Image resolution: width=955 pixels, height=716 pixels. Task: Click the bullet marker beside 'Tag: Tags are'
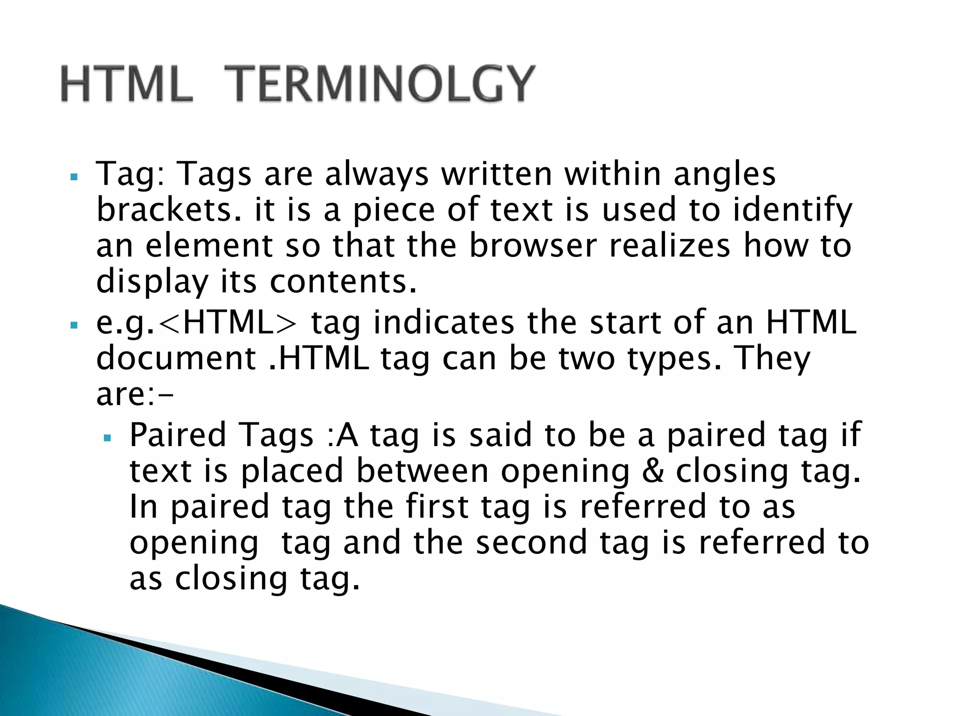[73, 177]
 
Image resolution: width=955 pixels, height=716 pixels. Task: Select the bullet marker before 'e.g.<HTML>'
[73, 325]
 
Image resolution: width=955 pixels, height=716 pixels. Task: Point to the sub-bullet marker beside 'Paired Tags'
[107, 438]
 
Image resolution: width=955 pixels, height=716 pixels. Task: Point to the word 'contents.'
[343, 282]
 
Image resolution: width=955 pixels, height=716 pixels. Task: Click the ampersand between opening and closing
[652, 471]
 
